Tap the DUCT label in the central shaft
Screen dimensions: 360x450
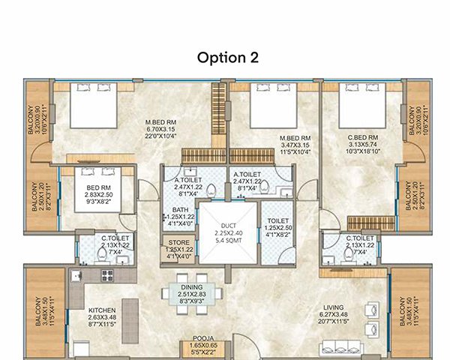(x=228, y=225)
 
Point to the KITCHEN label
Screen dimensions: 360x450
(x=102, y=310)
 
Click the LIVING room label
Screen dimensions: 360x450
(x=334, y=307)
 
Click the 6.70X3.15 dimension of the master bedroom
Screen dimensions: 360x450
(x=160, y=127)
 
